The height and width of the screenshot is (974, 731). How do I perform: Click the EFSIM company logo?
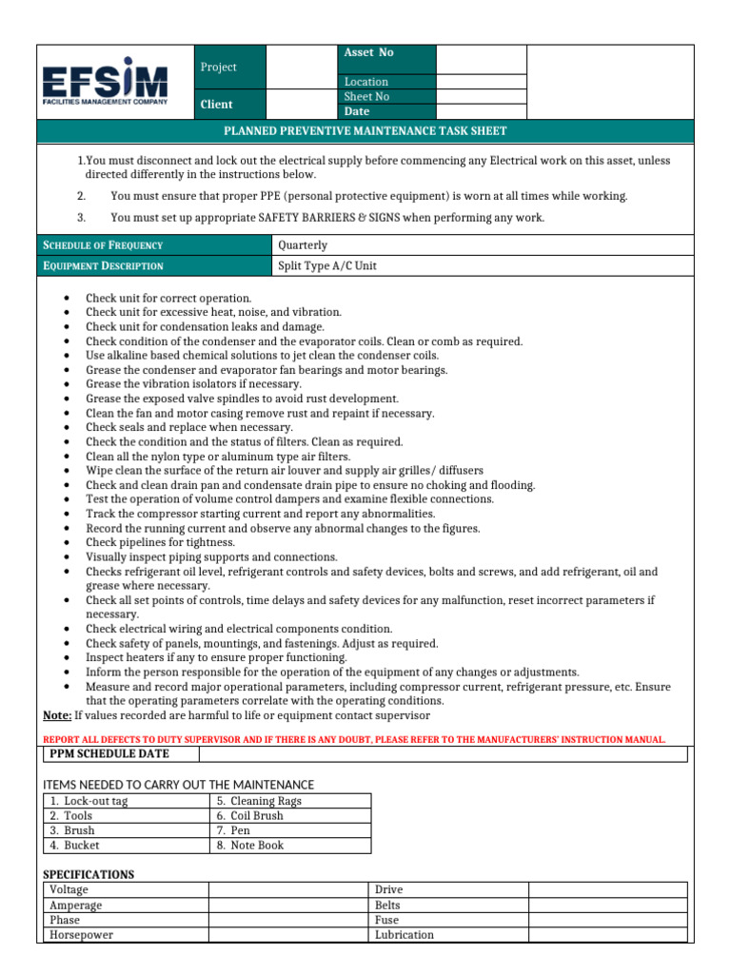coord(105,82)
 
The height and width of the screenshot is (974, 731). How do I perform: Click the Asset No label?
coord(368,53)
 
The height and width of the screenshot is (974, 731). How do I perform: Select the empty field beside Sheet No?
coord(481,97)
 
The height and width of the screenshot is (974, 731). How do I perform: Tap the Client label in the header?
coord(217,105)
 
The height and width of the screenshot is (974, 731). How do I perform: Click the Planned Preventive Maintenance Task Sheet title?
coord(365,131)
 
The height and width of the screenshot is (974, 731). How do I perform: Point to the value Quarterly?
coord(302,245)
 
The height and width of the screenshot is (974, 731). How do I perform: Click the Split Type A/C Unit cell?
coord(326,266)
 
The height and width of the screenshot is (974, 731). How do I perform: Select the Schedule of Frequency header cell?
coord(103,245)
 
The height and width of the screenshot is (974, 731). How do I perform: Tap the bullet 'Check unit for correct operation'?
coord(168,298)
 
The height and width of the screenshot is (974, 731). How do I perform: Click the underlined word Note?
coord(57,715)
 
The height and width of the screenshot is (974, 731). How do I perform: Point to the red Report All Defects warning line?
coord(355,739)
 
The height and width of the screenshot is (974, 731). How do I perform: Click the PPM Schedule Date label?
coord(109,754)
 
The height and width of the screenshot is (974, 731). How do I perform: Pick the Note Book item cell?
coord(249,846)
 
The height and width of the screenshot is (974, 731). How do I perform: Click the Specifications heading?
coord(89,874)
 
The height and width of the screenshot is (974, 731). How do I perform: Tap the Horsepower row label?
coord(81,935)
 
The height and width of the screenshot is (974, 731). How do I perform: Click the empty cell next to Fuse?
coord(607,920)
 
